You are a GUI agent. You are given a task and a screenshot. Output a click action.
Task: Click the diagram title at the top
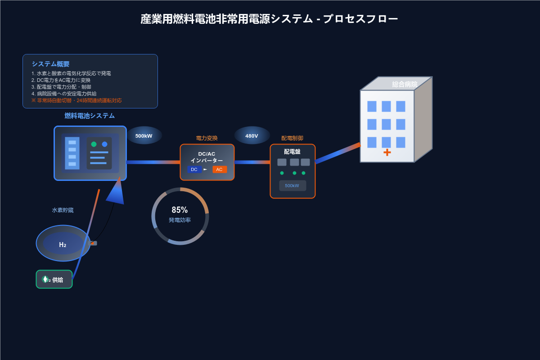pyautogui.click(x=269, y=19)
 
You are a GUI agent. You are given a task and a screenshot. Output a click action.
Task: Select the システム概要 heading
pyautogui.click(x=50, y=64)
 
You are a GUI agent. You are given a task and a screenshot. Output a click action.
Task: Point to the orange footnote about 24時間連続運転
pyautogui.click(x=76, y=100)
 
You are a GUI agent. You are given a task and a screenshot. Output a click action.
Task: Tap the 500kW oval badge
pyautogui.click(x=144, y=135)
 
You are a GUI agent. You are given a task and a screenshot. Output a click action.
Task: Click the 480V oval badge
pyautogui.click(x=252, y=135)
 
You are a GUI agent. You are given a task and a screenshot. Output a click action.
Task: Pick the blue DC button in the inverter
pyautogui.click(x=194, y=169)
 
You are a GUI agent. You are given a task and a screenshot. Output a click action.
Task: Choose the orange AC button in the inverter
pyautogui.click(x=220, y=169)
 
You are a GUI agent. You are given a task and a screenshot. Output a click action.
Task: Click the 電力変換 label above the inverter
pyautogui.click(x=207, y=138)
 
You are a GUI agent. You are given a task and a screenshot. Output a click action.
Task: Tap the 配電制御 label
pyautogui.click(x=292, y=138)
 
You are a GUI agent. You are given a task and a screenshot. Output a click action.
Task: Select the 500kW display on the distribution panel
pyautogui.click(x=292, y=185)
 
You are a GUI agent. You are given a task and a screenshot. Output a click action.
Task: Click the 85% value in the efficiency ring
pyautogui.click(x=180, y=210)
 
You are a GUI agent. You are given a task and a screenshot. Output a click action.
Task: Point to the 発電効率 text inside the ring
pyautogui.click(x=180, y=220)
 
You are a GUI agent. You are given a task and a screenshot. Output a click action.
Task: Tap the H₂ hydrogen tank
pyautogui.click(x=63, y=243)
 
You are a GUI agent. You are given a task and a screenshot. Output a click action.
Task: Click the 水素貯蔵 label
pyautogui.click(x=63, y=210)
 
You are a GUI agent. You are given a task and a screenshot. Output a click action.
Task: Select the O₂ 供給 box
pyautogui.click(x=54, y=279)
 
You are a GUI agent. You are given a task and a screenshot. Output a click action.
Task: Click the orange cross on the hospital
pyautogui.click(x=387, y=152)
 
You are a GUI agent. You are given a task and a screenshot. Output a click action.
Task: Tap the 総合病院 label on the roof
pyautogui.click(x=405, y=84)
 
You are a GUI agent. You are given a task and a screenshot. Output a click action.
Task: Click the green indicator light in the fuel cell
pyautogui.click(x=94, y=144)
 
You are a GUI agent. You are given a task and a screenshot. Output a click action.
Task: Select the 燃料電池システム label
pyautogui.click(x=90, y=116)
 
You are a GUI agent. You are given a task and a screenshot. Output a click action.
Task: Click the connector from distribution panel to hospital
pyautogui.click(x=337, y=153)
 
